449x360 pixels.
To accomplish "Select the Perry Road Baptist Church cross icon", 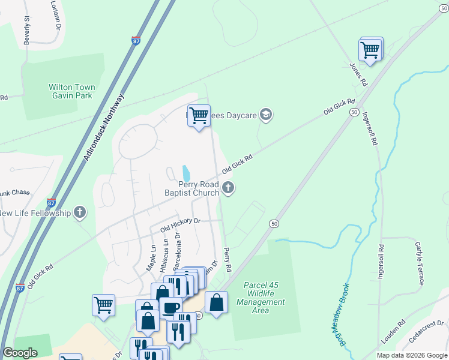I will pyautogui.click(x=228, y=188).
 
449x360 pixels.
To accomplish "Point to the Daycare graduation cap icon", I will pyautogui.click(x=266, y=115).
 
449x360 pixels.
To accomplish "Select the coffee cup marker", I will pyautogui.click(x=170, y=308).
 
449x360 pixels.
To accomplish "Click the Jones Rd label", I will pyautogui.click(x=358, y=72).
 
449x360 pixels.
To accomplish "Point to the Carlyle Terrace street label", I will pyautogui.click(x=420, y=263).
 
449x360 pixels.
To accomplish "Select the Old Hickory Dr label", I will pyautogui.click(x=179, y=225).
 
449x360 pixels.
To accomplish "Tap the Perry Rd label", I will pyautogui.click(x=227, y=259).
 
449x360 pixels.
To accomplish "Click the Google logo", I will pyautogui.click(x=20, y=353).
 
